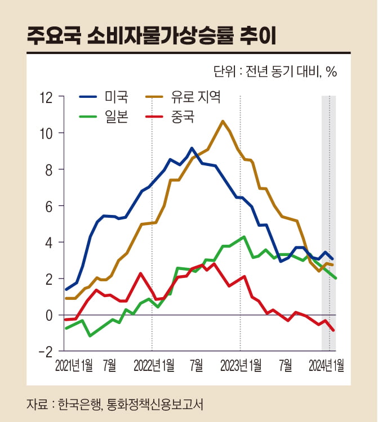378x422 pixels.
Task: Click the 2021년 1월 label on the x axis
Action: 74,366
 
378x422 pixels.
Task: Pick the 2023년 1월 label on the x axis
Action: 241,366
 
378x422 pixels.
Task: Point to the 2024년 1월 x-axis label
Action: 327,366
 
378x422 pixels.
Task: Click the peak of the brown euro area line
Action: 223,121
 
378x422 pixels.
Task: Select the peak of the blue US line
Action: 192,148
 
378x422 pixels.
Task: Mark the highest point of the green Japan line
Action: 243,237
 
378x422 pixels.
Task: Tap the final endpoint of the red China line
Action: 334,330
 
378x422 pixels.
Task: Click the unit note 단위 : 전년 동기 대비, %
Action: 275,72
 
